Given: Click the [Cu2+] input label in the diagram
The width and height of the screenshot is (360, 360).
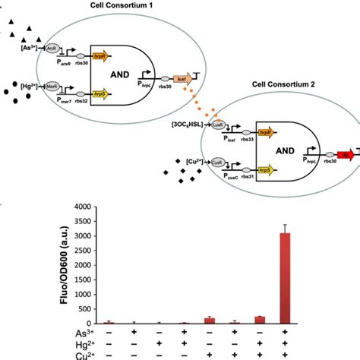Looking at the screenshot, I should click(x=198, y=162).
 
